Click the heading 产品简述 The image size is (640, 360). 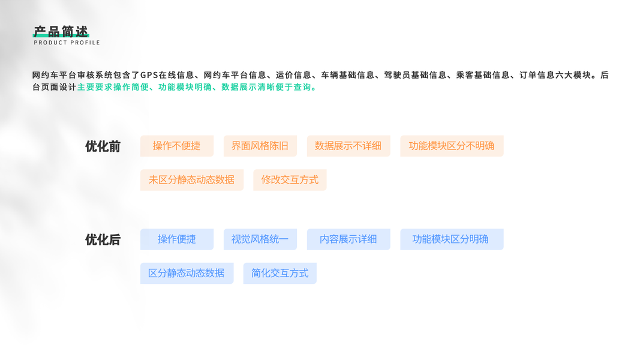pos(61,31)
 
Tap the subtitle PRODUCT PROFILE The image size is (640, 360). pos(67,43)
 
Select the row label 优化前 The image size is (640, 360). pos(103,146)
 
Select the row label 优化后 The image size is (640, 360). pos(103,239)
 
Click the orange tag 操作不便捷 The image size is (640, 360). pos(177,146)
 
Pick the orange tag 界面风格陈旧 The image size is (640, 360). pos(260,146)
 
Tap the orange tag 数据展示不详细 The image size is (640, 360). pos(348,146)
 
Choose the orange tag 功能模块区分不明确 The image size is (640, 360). pos(452,146)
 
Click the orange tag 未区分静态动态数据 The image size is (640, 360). pos(192,180)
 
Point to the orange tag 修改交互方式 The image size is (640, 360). pos(290,180)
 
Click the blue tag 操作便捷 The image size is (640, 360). pos(177,239)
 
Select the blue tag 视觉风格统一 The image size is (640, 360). pos(260,239)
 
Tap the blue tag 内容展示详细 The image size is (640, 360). pos(348,239)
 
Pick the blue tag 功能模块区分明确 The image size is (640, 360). pos(452,239)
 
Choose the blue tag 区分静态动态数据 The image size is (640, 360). pos(187,274)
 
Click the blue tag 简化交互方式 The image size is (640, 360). pos(280,274)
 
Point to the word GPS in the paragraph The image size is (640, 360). pos(149,75)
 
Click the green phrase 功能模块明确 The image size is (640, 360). pos(185,87)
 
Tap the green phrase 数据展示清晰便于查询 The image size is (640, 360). pos(266,87)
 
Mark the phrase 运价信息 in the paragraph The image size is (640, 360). pos(293,75)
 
